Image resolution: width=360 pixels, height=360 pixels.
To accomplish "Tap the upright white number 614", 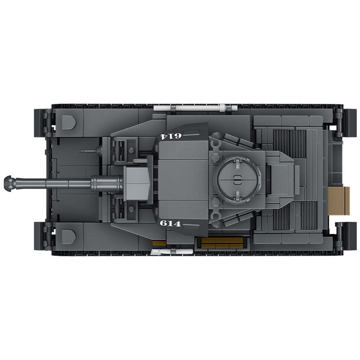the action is [171, 223].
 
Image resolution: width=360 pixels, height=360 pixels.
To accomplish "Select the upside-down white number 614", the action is [171, 136].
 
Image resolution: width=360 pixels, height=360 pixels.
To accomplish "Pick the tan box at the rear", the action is [339, 201].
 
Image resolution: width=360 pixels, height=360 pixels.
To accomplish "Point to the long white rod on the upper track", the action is [195, 108].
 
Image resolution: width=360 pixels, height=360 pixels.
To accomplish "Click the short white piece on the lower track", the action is [172, 252].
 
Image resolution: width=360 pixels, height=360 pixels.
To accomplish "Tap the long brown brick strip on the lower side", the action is [222, 243].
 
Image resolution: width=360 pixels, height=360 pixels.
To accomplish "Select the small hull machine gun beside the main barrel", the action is [91, 151].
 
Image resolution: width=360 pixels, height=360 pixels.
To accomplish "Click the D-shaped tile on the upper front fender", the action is [69, 122].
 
